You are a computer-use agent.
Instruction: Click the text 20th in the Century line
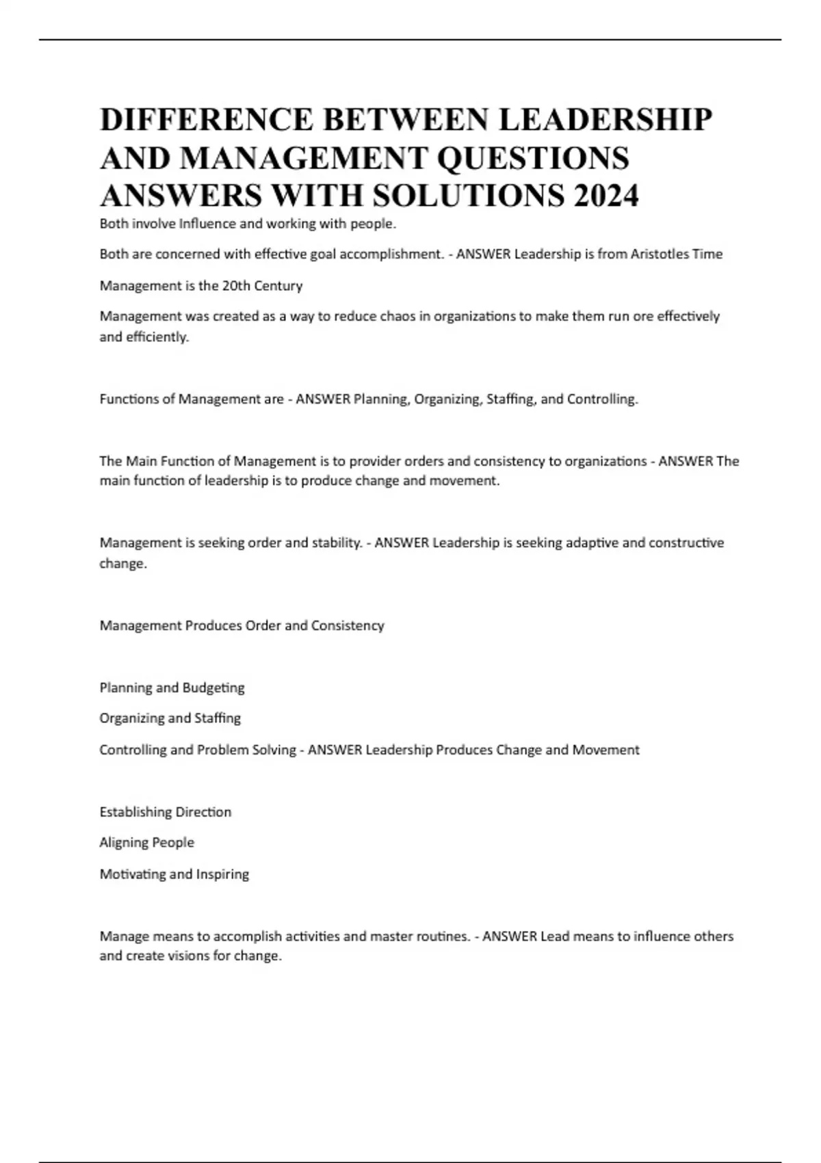point(236,285)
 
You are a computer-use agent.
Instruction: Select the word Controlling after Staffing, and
point(602,399)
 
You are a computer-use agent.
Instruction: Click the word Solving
point(274,750)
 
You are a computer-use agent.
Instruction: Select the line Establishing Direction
point(166,812)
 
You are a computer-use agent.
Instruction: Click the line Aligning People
point(147,843)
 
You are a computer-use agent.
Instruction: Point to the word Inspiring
point(223,874)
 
